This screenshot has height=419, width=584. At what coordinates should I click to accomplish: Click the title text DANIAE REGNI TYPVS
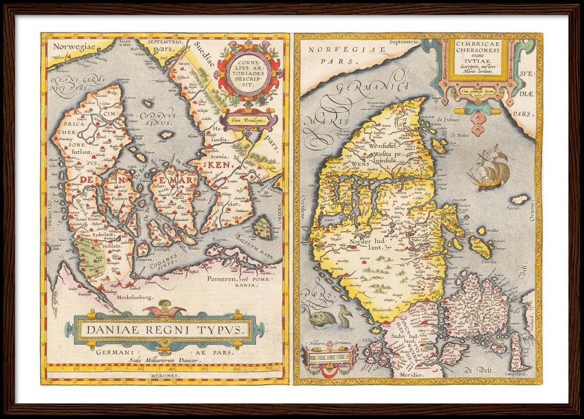point(163,329)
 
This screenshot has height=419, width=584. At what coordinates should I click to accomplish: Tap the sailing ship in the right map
point(489,168)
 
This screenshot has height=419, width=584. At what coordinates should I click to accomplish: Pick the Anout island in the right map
point(518,200)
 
